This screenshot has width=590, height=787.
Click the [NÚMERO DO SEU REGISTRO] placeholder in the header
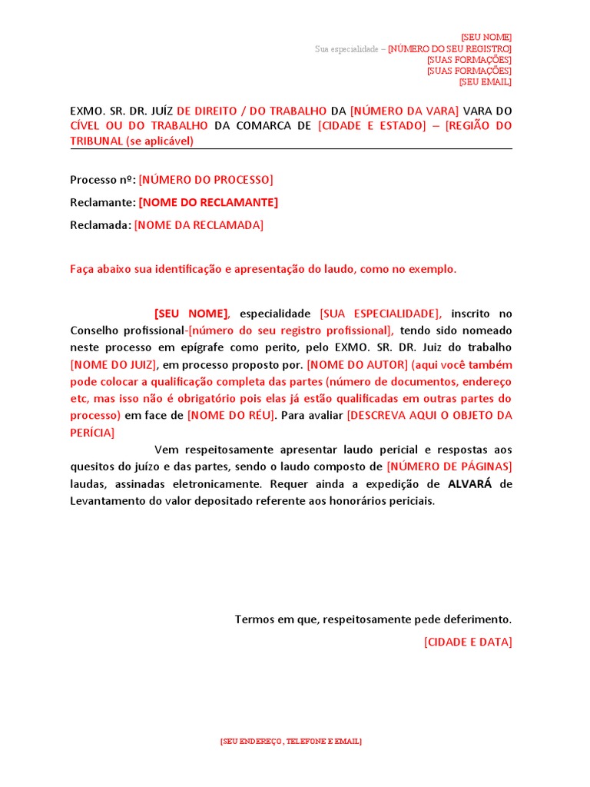point(449,48)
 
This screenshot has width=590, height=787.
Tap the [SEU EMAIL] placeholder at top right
point(486,81)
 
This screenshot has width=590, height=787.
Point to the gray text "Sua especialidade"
point(346,48)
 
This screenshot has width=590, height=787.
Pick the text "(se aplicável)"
point(161,141)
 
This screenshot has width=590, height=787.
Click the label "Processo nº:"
point(103,180)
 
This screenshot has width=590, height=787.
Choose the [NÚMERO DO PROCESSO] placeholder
point(206,180)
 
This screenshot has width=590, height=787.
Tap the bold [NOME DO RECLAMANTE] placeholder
point(208,202)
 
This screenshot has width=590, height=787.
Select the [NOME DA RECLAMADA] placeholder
point(198,224)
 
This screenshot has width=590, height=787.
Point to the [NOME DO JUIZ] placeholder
point(114,364)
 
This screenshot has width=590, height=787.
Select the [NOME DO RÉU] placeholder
point(231,415)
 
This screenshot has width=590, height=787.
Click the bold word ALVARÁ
point(469,483)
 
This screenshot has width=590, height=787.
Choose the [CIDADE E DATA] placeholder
point(468,642)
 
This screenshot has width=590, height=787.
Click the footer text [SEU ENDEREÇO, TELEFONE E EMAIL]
point(290,742)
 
